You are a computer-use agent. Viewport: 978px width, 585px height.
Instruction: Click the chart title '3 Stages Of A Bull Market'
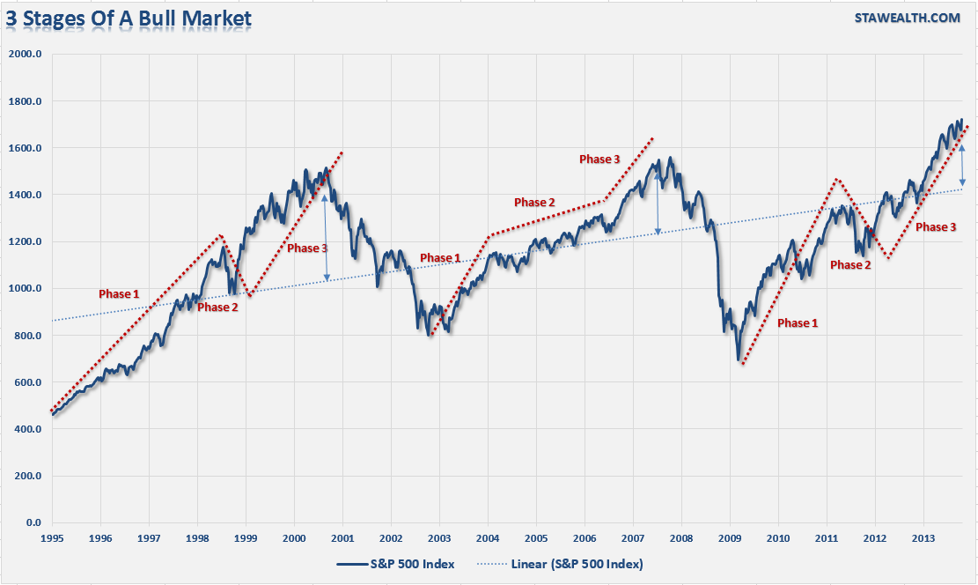(129, 18)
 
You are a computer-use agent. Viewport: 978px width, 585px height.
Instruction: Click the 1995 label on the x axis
(52, 537)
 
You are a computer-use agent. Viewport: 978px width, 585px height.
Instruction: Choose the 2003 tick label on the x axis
(439, 537)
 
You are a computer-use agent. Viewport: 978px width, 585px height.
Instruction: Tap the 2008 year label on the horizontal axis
(681, 537)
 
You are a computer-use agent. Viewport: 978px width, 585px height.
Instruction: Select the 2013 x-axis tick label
(923, 537)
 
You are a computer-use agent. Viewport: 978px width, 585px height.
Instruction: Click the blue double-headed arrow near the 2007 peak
(658, 203)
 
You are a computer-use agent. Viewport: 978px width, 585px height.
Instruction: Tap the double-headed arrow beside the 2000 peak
(326, 237)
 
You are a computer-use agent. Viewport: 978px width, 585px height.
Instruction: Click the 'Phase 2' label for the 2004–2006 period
(534, 203)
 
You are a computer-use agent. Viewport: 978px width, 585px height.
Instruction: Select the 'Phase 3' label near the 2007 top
(599, 159)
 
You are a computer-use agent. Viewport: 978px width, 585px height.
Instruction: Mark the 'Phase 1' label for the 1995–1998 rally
(118, 292)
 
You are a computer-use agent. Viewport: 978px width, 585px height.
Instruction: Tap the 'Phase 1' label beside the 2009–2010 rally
(798, 323)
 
